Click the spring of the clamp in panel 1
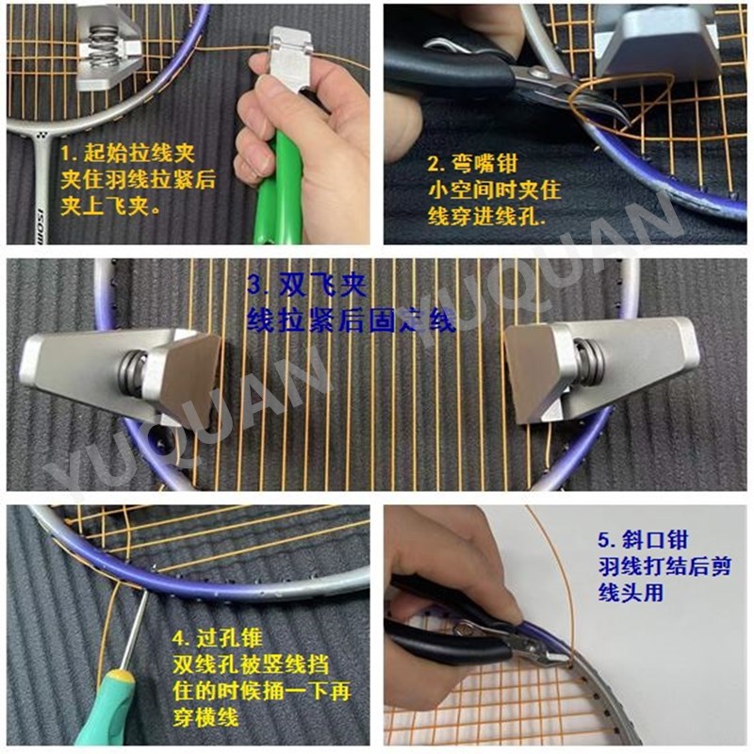[x=104, y=47]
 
